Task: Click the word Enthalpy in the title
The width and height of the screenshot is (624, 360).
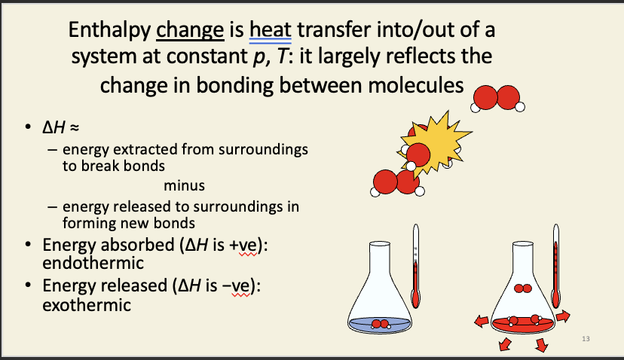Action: coord(108,31)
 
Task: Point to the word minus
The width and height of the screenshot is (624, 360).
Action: coord(183,185)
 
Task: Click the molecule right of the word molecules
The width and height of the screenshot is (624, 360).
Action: coord(496,97)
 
